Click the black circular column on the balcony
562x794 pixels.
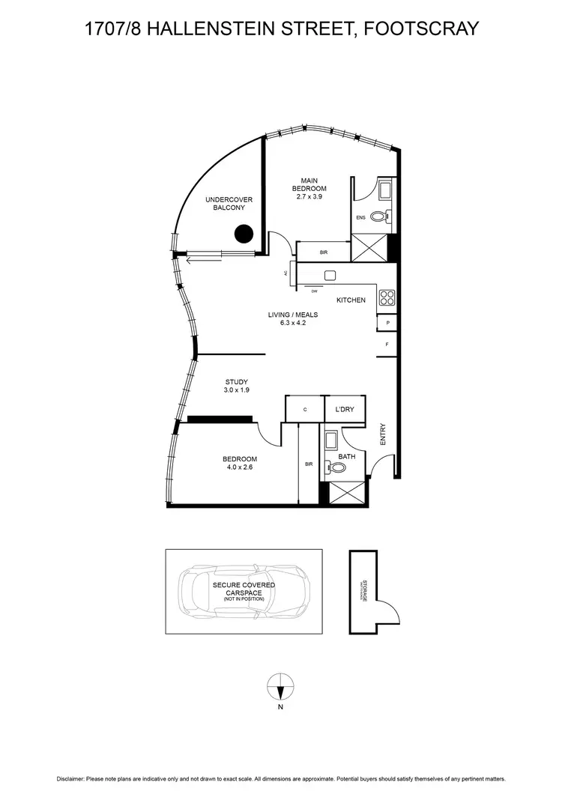tap(243, 234)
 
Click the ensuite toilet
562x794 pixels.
tap(380, 217)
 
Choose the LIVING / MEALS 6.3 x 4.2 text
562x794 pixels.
tap(288, 319)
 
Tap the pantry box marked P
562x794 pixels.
tap(387, 324)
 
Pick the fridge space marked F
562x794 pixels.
tap(387, 345)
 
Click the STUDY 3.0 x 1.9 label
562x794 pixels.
tap(236, 386)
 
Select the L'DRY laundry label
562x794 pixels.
tap(345, 409)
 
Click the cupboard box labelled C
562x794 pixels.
tap(305, 410)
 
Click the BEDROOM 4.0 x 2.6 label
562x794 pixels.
tap(240, 463)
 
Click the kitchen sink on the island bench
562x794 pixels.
tap(329, 276)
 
